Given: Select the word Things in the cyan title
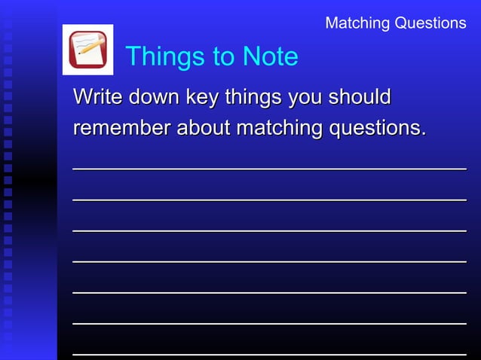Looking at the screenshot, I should coord(164,56).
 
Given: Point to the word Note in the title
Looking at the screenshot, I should coord(270,56).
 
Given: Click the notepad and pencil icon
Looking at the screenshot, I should coord(87,50).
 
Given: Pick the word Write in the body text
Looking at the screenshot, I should coord(98,97).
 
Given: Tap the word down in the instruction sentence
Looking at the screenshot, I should coord(150,97).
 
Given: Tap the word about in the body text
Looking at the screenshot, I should coord(204,129).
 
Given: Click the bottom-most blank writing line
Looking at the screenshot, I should coord(269,352).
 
